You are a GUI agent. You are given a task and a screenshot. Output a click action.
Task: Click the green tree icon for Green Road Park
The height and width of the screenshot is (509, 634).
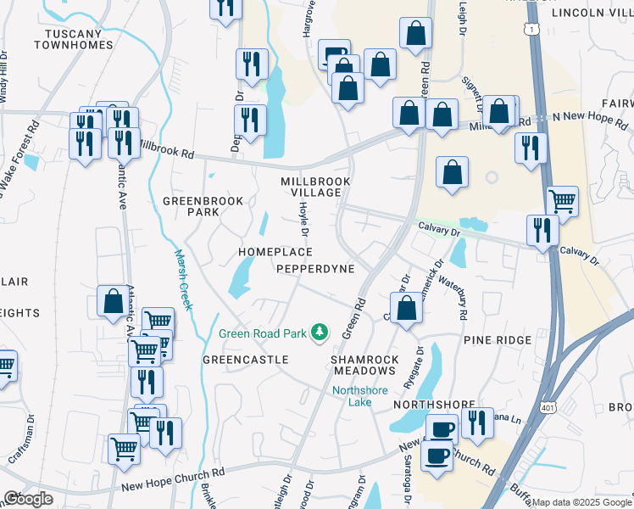point(320,333)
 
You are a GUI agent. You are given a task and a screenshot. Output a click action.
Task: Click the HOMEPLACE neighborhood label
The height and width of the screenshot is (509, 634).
point(275,253)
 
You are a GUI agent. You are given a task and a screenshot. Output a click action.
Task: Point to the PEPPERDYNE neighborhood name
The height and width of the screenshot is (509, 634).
point(315,268)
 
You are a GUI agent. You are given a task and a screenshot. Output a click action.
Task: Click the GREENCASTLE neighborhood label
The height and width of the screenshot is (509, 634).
point(246,360)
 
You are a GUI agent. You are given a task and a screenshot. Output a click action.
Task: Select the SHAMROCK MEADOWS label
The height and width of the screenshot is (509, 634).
point(364,365)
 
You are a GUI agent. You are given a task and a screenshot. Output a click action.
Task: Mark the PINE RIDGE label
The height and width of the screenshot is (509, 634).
point(498,339)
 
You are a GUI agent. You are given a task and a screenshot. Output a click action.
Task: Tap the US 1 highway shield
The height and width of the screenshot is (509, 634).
point(531,29)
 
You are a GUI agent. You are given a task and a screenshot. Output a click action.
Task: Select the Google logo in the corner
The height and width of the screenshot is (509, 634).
point(28,499)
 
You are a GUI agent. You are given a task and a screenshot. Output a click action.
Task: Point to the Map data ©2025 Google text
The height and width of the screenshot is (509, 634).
point(581,502)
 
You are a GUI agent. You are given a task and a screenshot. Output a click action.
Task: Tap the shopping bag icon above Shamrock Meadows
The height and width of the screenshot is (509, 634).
point(407,309)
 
